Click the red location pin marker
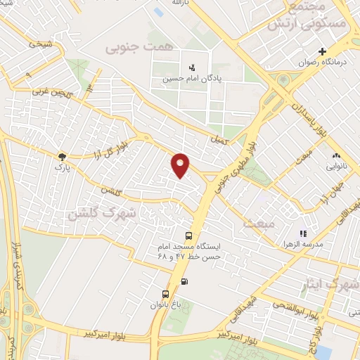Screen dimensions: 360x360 click(x=181, y=165)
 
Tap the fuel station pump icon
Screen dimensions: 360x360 click(x=185, y=281)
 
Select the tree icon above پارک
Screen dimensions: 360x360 click(x=63, y=157)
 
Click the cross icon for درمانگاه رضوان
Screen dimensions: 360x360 click(x=323, y=51)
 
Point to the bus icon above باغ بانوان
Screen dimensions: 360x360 click(x=165, y=294)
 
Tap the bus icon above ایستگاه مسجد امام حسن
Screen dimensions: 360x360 click(x=188, y=236)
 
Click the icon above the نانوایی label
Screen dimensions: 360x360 click(x=335, y=156)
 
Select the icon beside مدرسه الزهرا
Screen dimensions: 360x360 click(x=303, y=233)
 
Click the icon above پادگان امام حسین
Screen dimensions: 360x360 click(x=191, y=68)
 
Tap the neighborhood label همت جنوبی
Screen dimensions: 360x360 click(x=129, y=48)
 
